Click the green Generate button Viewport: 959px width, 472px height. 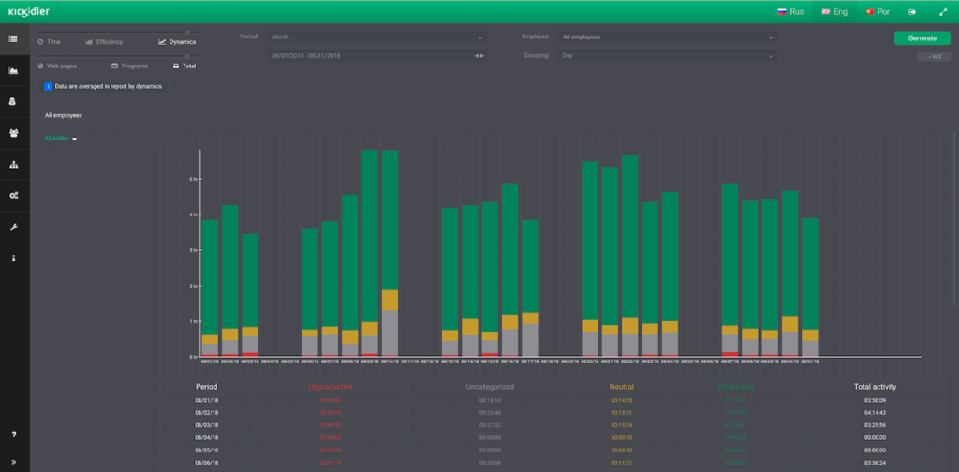click(922, 38)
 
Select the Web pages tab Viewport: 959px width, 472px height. click(60, 66)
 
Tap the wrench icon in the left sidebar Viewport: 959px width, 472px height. click(13, 227)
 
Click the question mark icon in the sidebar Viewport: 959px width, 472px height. click(13, 435)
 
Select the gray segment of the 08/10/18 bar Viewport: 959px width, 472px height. click(390, 333)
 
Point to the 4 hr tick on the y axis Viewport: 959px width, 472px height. click(193, 214)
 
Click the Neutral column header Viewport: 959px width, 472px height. click(622, 386)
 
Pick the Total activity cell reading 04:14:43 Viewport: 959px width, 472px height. click(876, 412)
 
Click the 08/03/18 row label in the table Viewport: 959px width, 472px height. click(207, 424)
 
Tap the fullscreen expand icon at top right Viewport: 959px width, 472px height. click(943, 12)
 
